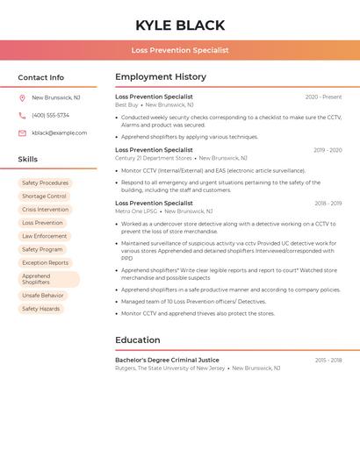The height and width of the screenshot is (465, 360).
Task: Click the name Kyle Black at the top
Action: click(180, 25)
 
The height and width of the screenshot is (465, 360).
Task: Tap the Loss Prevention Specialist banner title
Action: click(180, 50)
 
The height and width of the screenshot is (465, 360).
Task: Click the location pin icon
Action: click(22, 97)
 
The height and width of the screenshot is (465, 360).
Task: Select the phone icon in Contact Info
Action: click(22, 115)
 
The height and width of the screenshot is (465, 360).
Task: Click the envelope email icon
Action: click(22, 133)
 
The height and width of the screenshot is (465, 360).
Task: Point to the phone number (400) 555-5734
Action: click(50, 115)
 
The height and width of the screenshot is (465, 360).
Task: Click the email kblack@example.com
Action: click(59, 133)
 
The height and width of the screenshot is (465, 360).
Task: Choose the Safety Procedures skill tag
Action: click(45, 183)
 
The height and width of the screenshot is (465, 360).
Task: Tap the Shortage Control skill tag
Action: click(44, 197)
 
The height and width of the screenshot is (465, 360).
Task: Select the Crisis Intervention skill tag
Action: click(45, 210)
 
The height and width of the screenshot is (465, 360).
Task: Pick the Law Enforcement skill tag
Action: click(44, 236)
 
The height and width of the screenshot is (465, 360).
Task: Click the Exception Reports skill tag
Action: click(45, 262)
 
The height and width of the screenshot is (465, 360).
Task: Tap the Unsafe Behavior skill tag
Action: click(43, 296)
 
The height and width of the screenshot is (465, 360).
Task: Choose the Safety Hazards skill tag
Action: click(41, 309)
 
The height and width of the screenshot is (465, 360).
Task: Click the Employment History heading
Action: click(161, 77)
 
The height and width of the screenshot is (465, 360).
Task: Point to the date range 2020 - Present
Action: click(323, 97)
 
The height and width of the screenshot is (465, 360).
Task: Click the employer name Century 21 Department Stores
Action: click(154, 158)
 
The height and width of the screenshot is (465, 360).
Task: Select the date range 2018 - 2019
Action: click(328, 204)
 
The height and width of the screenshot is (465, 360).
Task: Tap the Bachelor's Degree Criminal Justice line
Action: click(167, 360)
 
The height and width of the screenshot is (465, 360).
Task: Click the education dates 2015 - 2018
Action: click(328, 361)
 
